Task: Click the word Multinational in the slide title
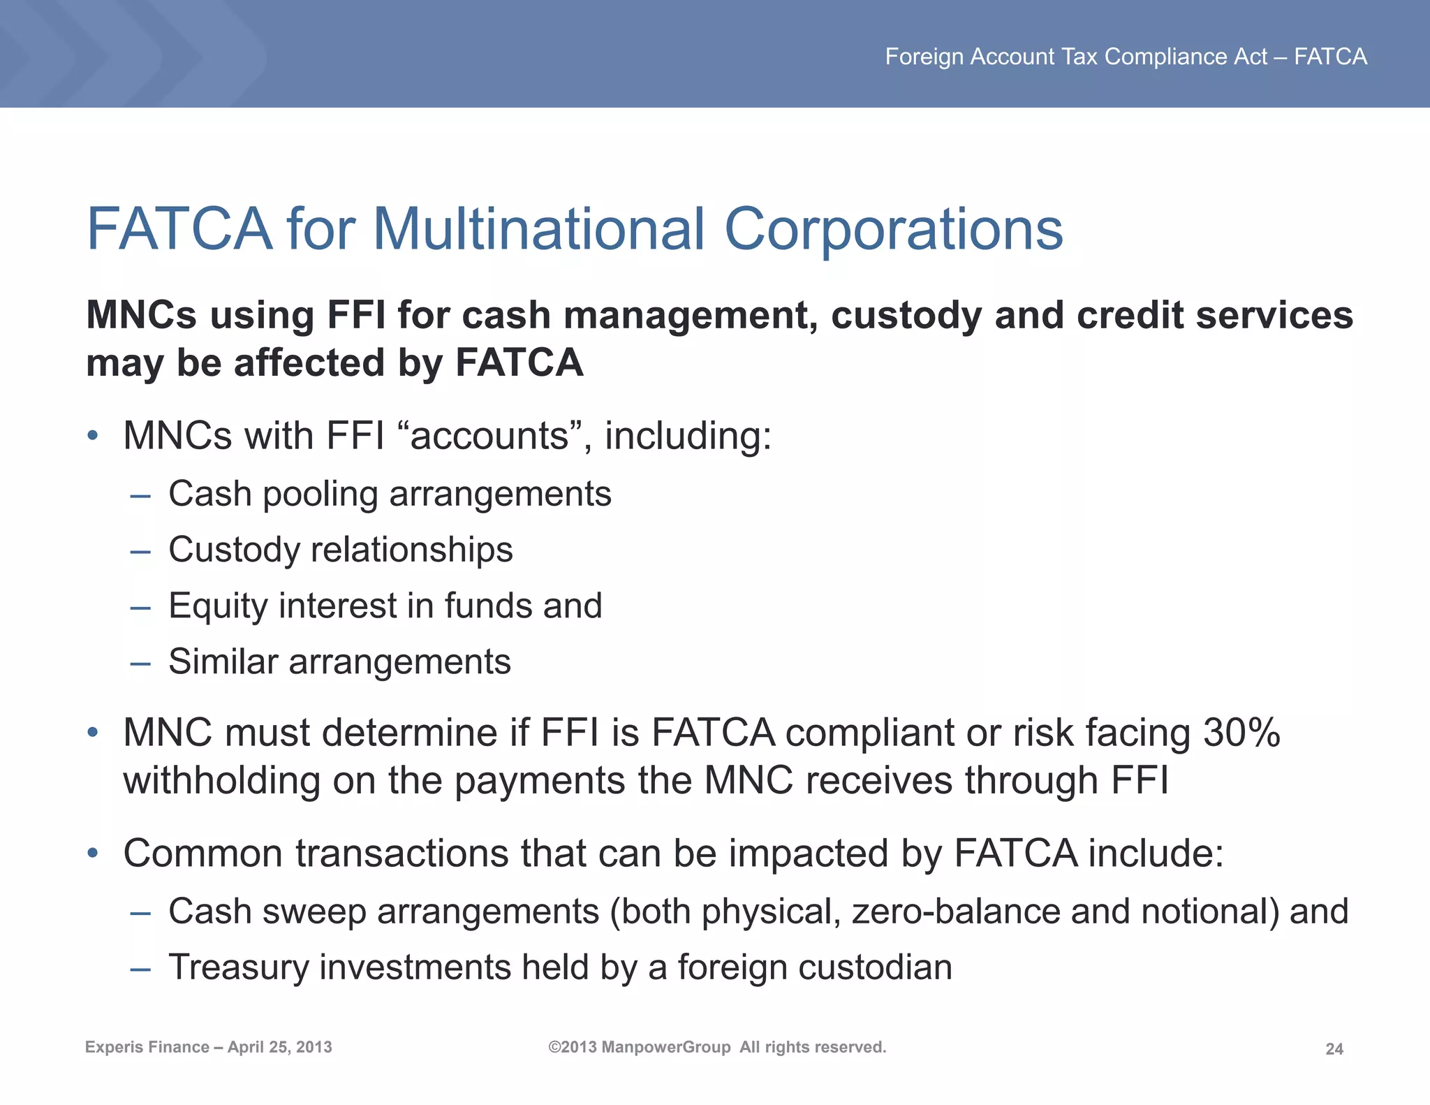coord(538,229)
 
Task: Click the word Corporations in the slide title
coord(893,229)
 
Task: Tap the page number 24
coord(1334,1049)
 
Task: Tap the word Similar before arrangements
coord(223,661)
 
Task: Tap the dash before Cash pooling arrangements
coord(140,496)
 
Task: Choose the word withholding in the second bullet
coord(221,780)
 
